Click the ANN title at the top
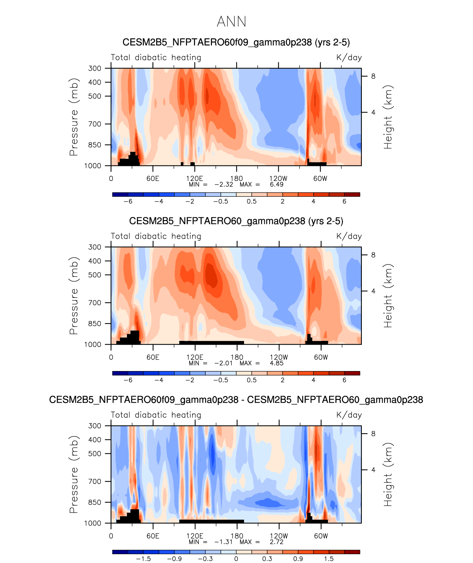click(232, 22)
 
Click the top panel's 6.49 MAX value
click(276, 185)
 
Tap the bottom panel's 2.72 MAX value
click(276, 542)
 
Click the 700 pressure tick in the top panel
click(95, 124)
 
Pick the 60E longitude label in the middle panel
click(153, 357)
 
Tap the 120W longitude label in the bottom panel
click(279, 536)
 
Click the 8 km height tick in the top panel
click(373, 76)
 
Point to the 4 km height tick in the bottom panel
click(373, 470)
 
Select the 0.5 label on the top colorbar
click(252, 202)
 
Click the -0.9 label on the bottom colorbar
click(174, 559)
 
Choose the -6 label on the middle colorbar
click(128, 380)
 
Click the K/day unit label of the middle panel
click(349, 236)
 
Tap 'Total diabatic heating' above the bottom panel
click(156, 415)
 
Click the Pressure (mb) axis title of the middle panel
click(74, 296)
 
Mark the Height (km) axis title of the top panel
click(388, 117)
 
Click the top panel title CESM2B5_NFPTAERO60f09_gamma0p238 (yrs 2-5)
click(236, 42)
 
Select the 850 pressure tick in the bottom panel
click(95, 502)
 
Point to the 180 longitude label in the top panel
click(237, 179)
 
